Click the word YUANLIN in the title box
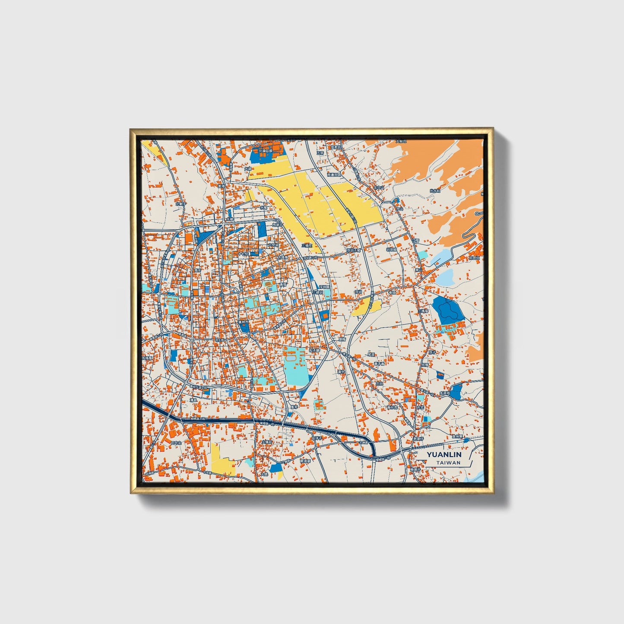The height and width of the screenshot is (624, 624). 444,455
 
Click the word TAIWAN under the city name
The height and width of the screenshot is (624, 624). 448,462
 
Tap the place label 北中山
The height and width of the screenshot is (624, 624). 379,187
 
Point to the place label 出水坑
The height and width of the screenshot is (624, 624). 435,190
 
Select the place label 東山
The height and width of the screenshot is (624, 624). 418,269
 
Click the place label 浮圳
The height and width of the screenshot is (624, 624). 358,292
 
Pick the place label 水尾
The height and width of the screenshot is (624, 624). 264,207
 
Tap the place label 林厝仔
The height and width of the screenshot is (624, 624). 418,438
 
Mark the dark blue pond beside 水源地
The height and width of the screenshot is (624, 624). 456,391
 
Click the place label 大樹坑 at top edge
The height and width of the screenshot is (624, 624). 402,141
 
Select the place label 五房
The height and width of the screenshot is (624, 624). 320,152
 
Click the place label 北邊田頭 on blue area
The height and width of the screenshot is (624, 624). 265,151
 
